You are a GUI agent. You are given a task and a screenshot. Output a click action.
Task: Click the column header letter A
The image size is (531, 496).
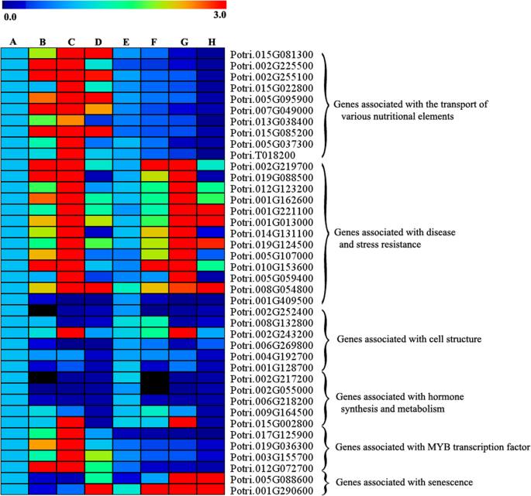13,41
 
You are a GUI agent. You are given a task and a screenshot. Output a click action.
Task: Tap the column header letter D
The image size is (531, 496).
98,41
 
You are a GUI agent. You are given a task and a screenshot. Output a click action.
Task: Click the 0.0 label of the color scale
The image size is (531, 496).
11,15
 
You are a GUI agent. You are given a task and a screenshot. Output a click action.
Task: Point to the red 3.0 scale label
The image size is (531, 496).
219,15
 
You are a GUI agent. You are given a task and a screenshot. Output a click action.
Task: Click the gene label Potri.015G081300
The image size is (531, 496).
271,54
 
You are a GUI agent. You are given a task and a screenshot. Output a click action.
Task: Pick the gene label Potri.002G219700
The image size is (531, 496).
271,166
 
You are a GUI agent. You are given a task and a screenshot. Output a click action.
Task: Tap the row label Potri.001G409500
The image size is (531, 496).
271,300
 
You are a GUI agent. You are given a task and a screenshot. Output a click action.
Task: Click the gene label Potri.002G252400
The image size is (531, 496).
271,312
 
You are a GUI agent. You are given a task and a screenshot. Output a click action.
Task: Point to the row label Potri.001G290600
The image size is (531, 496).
271,491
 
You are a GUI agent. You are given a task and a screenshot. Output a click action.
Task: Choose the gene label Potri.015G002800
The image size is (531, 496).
271,423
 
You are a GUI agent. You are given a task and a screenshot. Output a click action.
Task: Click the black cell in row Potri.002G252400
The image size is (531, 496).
43,311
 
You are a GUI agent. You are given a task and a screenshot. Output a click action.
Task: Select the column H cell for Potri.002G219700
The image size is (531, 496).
210,166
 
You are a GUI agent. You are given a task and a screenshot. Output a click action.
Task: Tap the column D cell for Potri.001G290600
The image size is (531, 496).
98,490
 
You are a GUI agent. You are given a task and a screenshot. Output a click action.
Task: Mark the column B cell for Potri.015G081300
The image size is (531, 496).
43,53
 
